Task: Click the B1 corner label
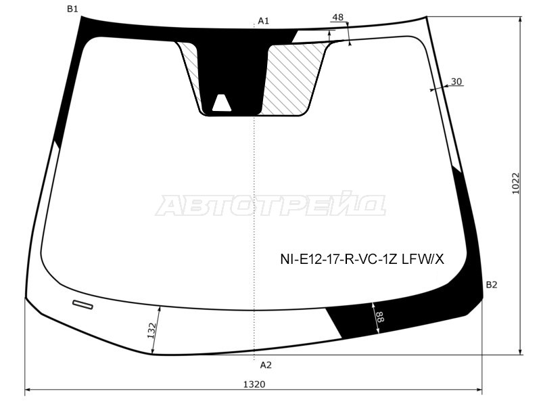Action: tap(72, 9)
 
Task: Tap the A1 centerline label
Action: tap(263, 21)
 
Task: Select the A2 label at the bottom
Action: tap(266, 365)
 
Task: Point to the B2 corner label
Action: tap(492, 285)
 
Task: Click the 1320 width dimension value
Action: tap(254, 384)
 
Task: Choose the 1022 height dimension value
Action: tap(515, 183)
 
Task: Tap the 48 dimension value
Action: tap(338, 17)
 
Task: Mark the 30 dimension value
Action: tap(456, 81)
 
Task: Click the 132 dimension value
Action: tap(151, 330)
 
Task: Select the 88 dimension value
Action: tap(379, 317)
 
